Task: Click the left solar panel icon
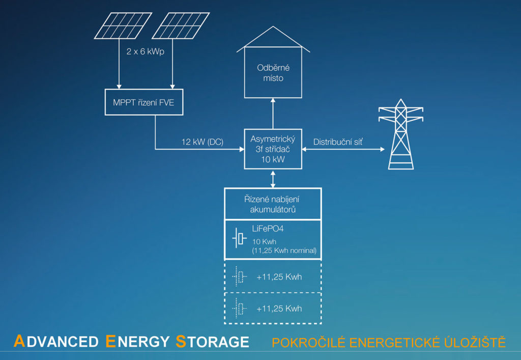(123, 25)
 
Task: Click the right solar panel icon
(181, 25)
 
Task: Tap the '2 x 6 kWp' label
(146, 51)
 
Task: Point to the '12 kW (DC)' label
(202, 142)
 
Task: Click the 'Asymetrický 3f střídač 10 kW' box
(273, 149)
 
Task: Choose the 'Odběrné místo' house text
(274, 73)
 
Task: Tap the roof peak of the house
(274, 27)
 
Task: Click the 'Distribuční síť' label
(338, 142)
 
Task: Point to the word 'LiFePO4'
(268, 231)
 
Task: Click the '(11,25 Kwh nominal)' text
(284, 251)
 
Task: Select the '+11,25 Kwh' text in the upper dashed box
(279, 277)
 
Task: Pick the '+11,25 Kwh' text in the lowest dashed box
(279, 309)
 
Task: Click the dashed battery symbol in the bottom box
(239, 308)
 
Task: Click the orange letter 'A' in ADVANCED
(19, 341)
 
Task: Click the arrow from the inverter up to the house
(273, 113)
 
